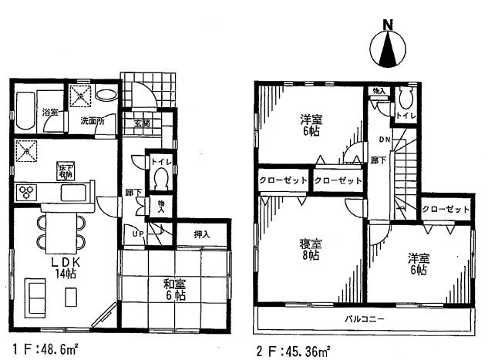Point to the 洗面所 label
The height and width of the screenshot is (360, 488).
coord(93,120)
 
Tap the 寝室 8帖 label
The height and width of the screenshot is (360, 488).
coord(311,250)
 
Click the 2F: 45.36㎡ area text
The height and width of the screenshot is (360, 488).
coord(294,350)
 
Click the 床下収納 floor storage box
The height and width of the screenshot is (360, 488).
coord(64,172)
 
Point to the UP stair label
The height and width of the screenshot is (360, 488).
coord(137,233)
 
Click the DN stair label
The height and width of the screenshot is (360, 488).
coord(383,140)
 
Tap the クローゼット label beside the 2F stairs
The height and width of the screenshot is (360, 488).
coord(446,209)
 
